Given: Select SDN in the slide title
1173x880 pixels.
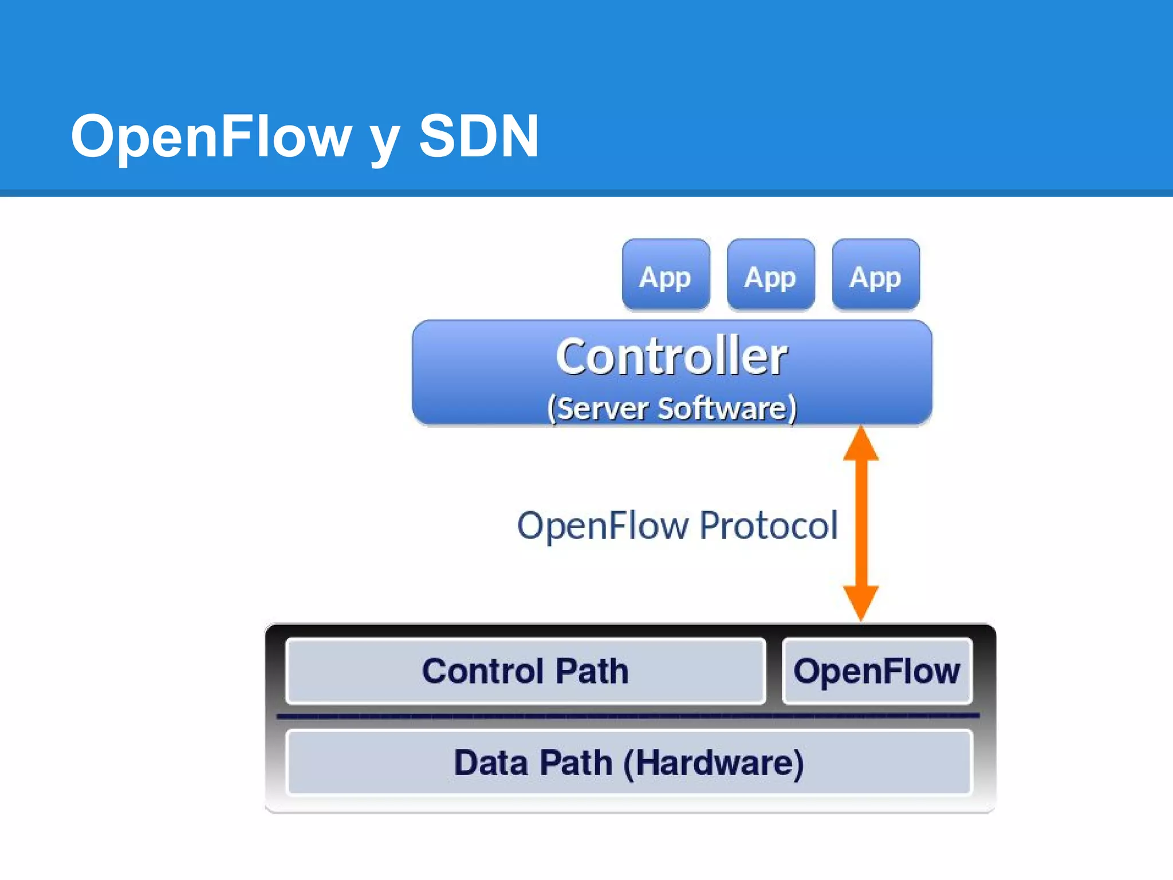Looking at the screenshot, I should click(x=479, y=136).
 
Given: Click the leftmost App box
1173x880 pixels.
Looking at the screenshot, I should click(x=666, y=275).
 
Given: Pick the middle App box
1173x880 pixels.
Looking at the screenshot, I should click(x=770, y=275).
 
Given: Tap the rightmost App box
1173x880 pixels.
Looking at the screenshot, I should click(x=875, y=275).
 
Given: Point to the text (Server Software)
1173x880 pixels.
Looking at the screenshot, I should click(x=671, y=408).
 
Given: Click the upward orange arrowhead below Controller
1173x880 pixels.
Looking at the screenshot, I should click(x=860, y=444).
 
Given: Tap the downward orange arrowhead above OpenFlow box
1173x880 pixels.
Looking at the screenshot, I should click(x=860, y=602).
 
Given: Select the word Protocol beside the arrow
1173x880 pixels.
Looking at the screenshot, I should click(x=768, y=525).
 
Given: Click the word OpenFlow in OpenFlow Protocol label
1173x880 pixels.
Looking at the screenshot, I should click(x=603, y=525).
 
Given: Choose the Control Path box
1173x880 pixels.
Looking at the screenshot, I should click(x=525, y=671).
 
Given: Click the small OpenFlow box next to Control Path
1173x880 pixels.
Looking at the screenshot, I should click(x=876, y=671).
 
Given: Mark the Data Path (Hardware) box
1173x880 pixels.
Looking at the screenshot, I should click(x=628, y=763).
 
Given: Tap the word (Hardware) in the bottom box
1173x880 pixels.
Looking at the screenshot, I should click(x=713, y=763).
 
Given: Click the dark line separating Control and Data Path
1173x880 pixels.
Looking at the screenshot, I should click(x=628, y=716).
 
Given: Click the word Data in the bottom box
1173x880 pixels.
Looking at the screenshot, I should click(x=491, y=763).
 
